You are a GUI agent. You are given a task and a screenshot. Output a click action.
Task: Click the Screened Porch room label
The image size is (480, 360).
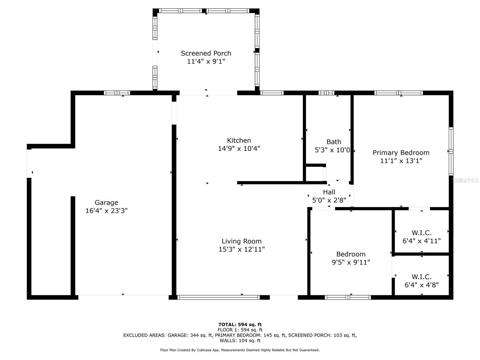pyautogui.click(x=206, y=53)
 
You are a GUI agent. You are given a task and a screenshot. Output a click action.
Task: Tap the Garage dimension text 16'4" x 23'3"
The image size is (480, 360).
pyautogui.click(x=106, y=211)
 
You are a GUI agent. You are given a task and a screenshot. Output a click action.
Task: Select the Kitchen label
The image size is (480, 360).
pyautogui.click(x=239, y=140)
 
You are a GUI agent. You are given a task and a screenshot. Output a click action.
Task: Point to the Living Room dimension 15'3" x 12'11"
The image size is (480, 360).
pyautogui.click(x=241, y=249)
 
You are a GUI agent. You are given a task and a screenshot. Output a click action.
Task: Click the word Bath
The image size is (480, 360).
pyautogui.click(x=334, y=142)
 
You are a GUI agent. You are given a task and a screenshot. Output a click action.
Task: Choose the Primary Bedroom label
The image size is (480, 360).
pyautogui.click(x=401, y=153)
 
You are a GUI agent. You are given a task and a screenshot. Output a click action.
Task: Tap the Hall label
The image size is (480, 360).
pyautogui.click(x=329, y=192)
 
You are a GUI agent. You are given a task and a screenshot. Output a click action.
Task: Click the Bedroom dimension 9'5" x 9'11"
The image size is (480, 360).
pyautogui.click(x=351, y=262)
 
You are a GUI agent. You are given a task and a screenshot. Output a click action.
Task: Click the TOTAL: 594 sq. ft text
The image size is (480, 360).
pyautogui.click(x=240, y=325)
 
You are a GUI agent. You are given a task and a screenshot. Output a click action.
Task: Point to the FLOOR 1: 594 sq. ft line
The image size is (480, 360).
pyautogui.click(x=240, y=330)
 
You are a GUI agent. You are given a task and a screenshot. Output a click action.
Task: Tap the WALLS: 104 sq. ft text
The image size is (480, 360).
pyautogui.click(x=240, y=340)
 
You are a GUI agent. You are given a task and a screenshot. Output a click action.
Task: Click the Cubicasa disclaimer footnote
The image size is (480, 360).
pyautogui.click(x=240, y=350)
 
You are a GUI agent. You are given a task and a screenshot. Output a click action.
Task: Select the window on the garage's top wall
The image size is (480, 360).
pyautogui.click(x=117, y=93)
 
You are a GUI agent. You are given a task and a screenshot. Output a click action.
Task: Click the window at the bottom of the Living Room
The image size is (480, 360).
pyautogui.click(x=218, y=297)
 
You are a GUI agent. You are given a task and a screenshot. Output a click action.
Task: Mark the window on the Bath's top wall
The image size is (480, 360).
pyautogui.click(x=326, y=93)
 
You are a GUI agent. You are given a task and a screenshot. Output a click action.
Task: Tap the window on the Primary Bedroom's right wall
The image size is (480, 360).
pyautogui.click(x=451, y=151)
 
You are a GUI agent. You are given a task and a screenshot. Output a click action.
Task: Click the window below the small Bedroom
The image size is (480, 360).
pyautogui.click(x=348, y=297)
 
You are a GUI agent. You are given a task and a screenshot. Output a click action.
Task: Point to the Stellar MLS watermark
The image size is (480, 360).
pyautogui.click(x=465, y=180)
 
